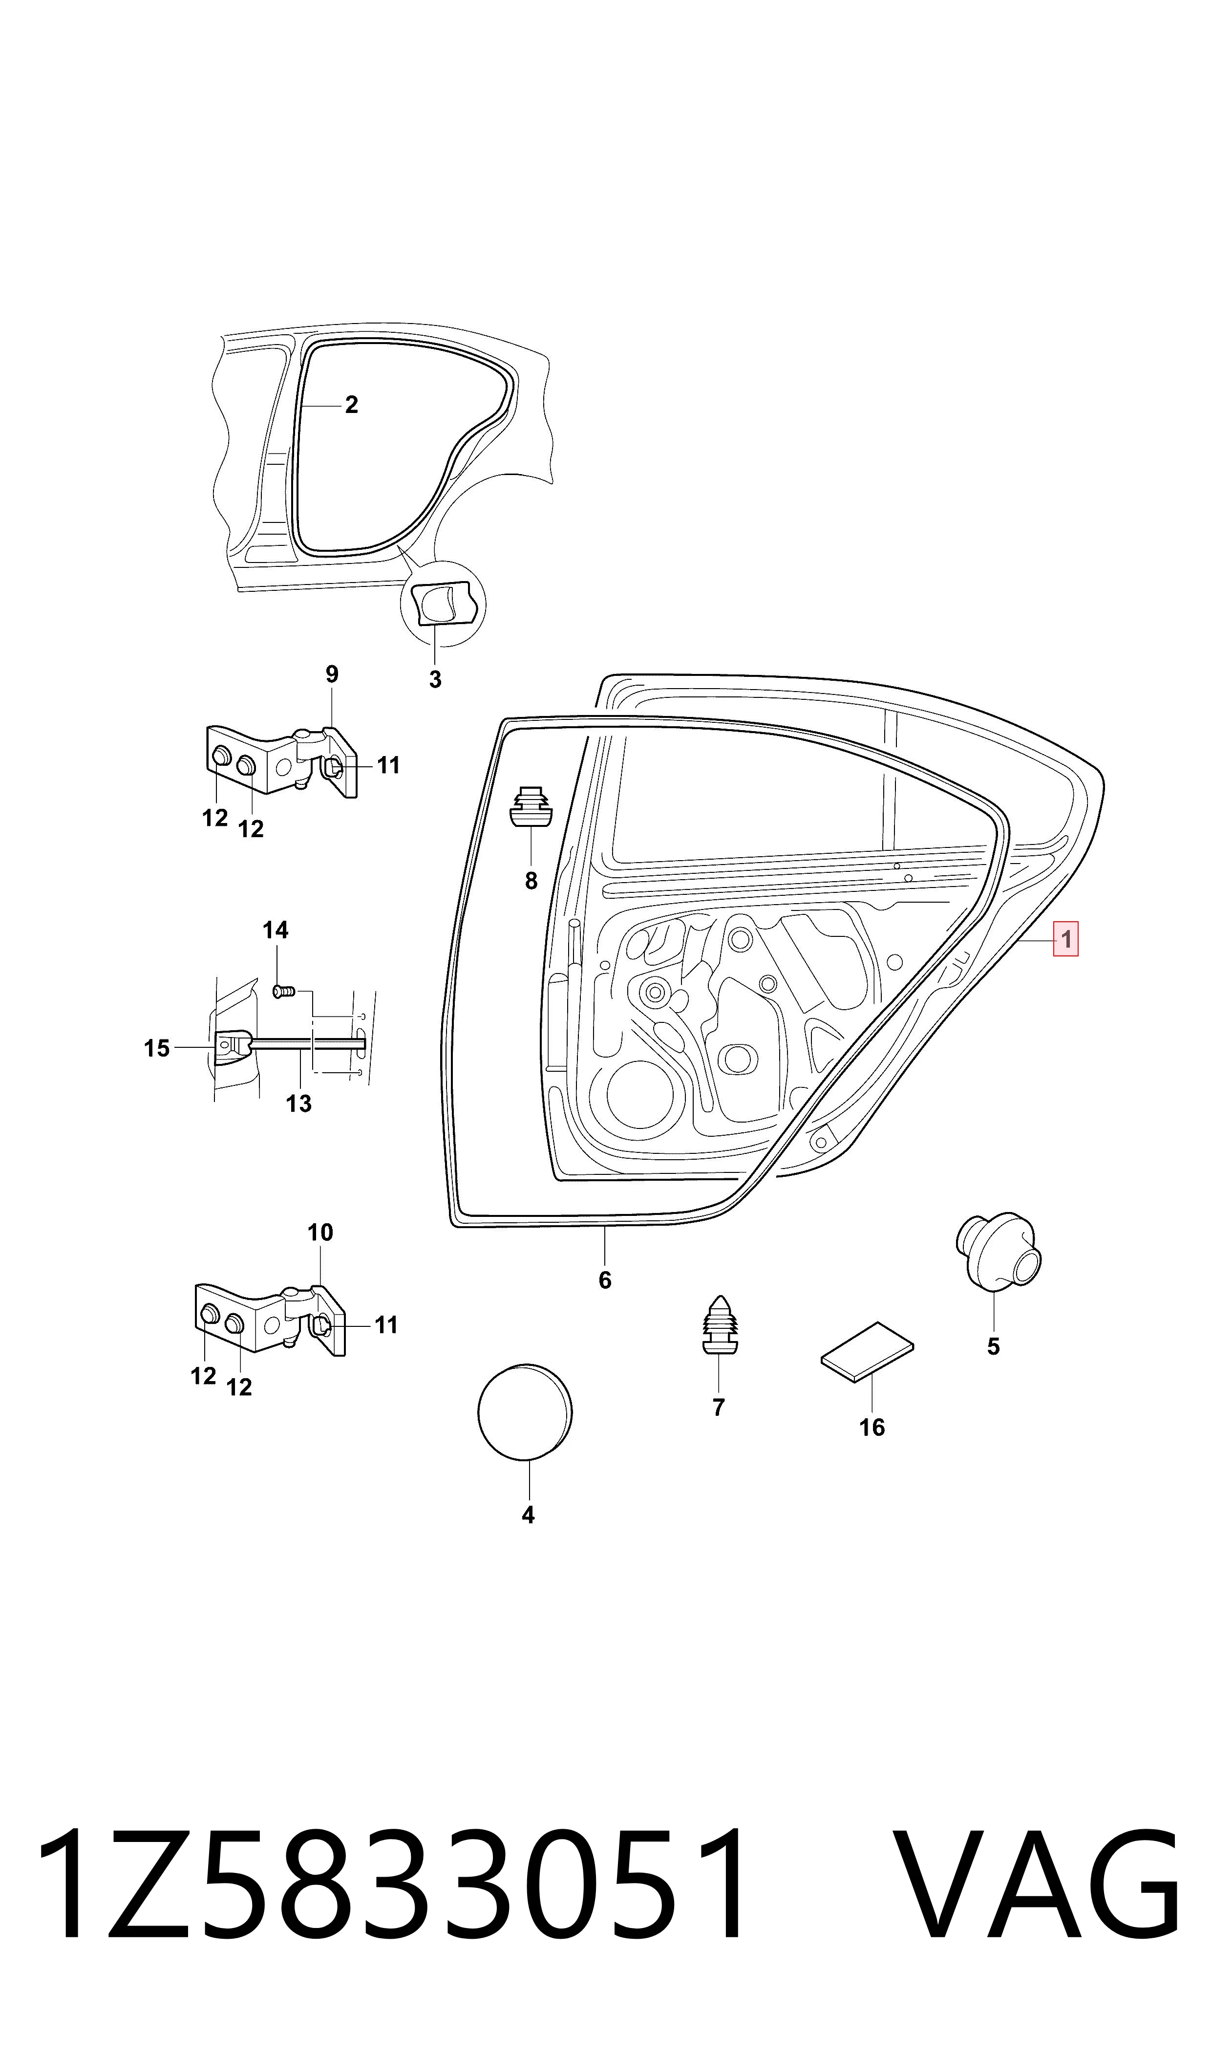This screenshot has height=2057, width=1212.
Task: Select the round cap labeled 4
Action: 525,1411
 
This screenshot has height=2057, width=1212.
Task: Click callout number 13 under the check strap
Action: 299,1104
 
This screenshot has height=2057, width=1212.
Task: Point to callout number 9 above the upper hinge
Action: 332,674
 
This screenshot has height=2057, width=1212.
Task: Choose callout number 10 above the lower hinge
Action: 320,1232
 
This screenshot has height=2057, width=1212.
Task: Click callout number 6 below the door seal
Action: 605,1280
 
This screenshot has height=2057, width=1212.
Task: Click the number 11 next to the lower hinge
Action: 386,1324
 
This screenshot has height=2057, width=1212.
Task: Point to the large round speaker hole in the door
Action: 640,1095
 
